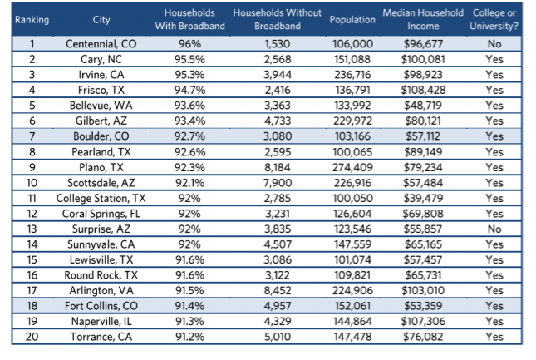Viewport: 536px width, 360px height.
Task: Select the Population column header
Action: (x=352, y=20)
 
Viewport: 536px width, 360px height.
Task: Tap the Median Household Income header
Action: (x=423, y=20)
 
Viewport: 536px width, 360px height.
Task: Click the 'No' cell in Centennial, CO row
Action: (x=494, y=44)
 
